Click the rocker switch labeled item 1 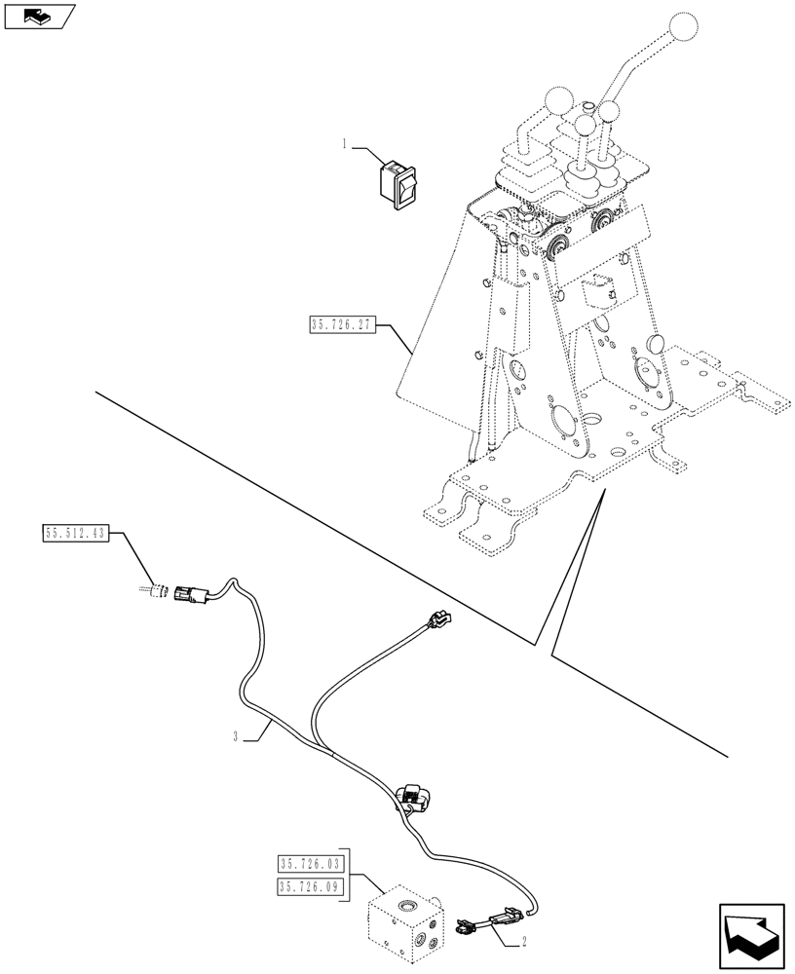click(398, 185)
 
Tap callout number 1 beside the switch click(344, 145)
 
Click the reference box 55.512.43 click(77, 533)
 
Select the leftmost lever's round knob click(558, 101)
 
